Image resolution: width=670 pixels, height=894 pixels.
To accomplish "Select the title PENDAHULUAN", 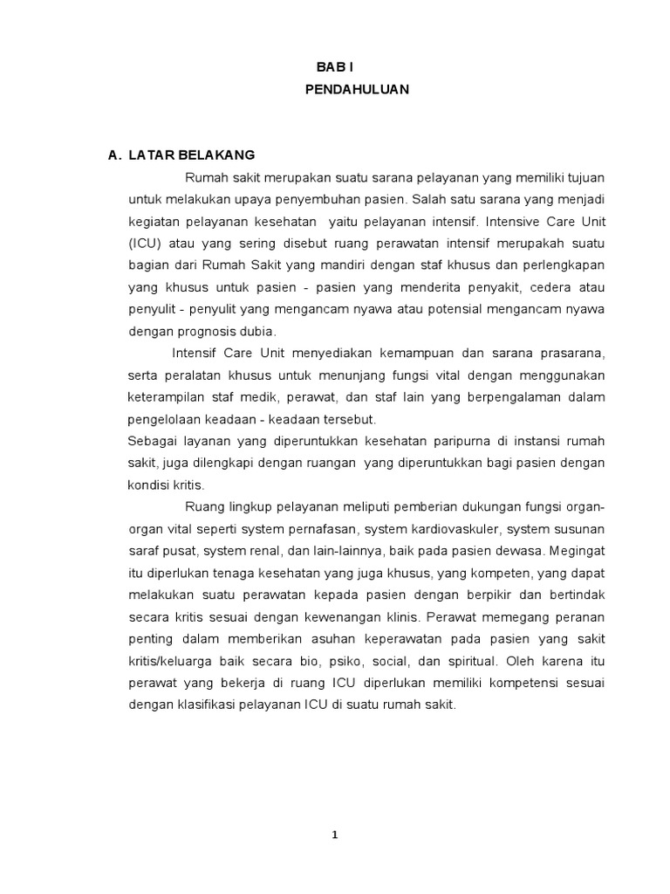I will click(357, 90).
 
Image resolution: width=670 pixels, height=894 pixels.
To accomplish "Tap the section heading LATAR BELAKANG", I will click(192, 155).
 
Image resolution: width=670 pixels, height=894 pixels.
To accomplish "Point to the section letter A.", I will click(113, 155).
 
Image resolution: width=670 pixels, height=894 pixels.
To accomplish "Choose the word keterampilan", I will click(165, 397).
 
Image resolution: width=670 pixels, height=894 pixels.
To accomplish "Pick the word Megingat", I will click(578, 551).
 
